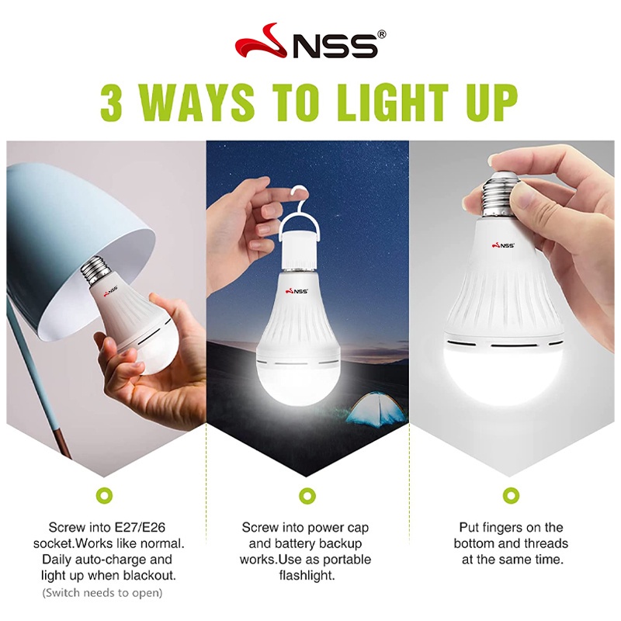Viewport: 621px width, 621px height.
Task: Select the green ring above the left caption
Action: [100, 494]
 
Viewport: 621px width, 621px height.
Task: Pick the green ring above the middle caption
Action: [306, 494]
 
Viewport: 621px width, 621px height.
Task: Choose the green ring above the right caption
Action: [511, 494]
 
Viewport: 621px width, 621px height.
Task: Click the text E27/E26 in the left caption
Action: [151, 527]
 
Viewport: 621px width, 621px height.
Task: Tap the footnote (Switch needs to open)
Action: [102, 593]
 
